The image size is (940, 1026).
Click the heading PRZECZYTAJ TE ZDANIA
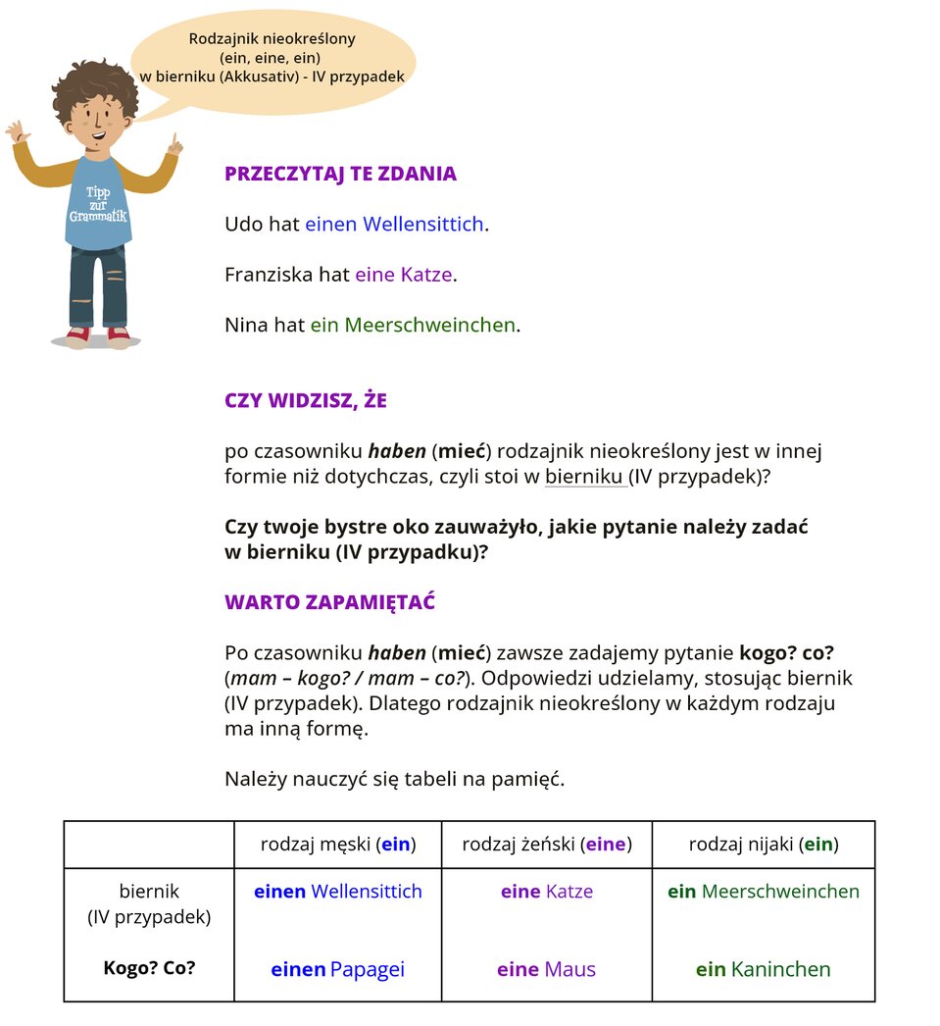pos(340,175)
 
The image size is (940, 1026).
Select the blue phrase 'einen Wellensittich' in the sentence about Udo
pos(394,225)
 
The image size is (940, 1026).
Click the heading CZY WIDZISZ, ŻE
pos(306,400)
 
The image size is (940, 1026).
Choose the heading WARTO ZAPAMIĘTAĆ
pos(329,602)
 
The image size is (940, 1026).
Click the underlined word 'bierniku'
pos(584,478)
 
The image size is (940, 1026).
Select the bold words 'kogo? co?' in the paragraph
pos(786,652)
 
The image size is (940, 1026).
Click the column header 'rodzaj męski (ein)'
pos(338,845)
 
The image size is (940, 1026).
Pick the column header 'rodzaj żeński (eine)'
pos(546,845)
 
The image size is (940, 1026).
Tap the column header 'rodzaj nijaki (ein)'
pos(764,845)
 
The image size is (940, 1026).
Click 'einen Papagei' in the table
pos(337,970)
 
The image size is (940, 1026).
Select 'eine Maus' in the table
pos(546,970)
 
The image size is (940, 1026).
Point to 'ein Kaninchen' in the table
pos(763,970)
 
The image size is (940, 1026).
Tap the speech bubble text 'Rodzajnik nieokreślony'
pos(272,39)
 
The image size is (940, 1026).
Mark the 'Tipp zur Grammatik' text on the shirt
pos(98,204)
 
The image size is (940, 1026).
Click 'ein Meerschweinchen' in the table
pos(763,892)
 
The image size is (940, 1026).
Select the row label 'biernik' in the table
pos(149,893)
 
